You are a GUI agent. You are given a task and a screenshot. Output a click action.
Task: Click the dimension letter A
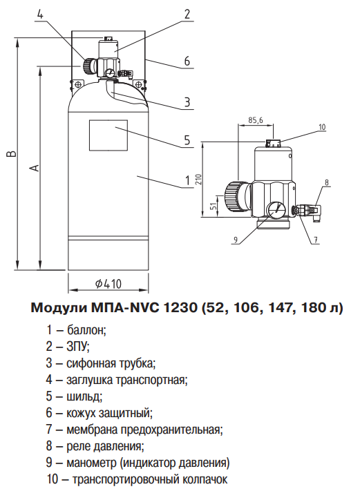click(x=35, y=168)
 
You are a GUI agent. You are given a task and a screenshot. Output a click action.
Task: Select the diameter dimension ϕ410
click(x=109, y=282)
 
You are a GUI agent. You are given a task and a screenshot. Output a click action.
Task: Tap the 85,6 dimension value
click(x=256, y=120)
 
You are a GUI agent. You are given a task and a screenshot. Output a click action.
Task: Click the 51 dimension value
click(x=214, y=204)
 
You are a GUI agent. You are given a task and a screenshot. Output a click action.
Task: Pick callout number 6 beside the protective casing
click(x=187, y=61)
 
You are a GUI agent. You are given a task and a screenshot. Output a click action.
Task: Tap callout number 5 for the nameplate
click(x=187, y=140)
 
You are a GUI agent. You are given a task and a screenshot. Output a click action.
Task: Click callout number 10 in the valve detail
click(x=321, y=127)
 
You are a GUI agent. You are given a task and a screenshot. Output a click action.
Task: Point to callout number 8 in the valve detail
click(x=327, y=183)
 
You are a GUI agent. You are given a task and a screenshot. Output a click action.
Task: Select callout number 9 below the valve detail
click(x=236, y=240)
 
